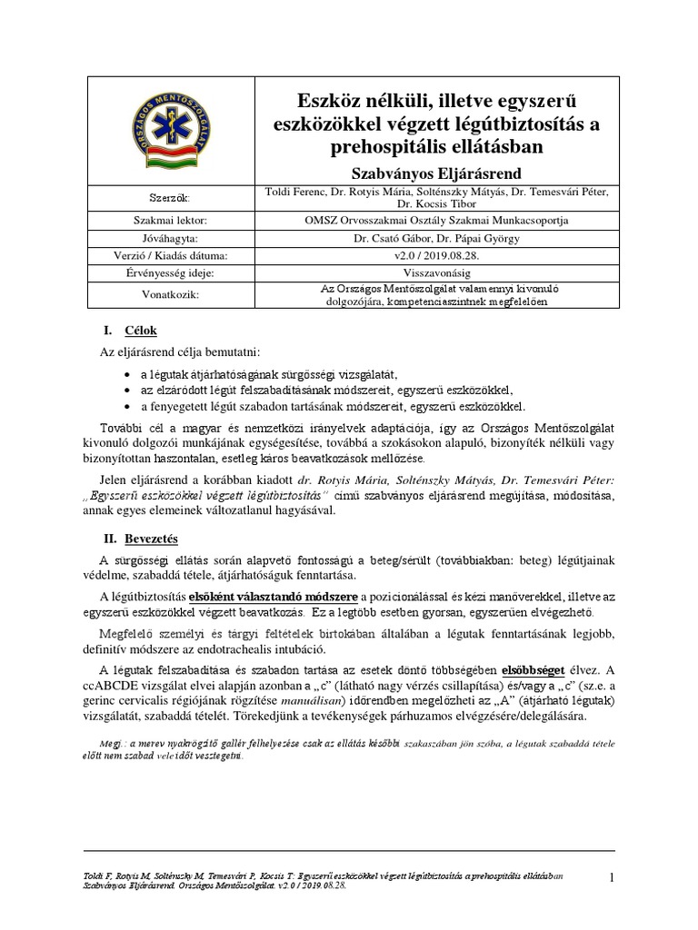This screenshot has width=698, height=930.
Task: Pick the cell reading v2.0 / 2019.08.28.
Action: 443,256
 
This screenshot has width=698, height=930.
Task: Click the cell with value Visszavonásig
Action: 443,273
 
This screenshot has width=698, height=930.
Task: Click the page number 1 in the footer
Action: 612,877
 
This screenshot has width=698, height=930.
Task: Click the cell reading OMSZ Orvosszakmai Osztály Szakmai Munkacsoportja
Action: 443,221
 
